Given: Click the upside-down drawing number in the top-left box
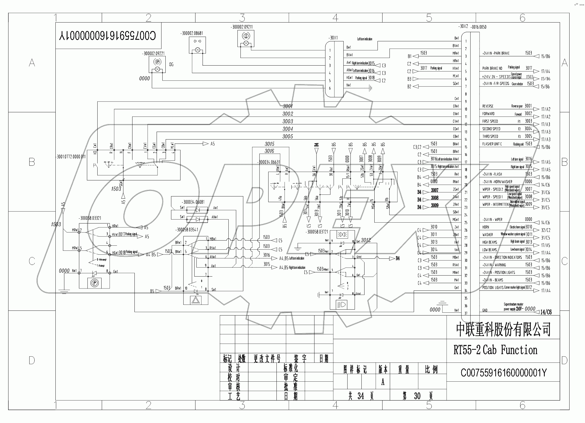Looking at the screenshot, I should [108, 36].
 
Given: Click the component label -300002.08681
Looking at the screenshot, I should [192, 33].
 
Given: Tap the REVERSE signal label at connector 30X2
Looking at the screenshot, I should [488, 106].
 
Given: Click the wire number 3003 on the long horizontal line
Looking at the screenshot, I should [288, 121].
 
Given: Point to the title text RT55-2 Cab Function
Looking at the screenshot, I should [495, 350].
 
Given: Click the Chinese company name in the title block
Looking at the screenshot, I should [503, 329].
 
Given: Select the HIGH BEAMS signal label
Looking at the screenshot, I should [490, 242].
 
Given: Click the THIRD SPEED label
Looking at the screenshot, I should [490, 136].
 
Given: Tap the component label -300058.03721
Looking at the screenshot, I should [317, 232].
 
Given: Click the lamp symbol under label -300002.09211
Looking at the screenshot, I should [246, 43].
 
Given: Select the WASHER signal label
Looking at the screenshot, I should [488, 235].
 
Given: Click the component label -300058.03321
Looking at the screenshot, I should [90, 218].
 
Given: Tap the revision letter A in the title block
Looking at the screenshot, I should [383, 382].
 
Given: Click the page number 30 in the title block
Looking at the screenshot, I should [417, 396].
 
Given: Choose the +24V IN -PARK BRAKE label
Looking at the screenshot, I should [496, 53].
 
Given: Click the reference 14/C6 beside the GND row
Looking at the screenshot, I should [546, 312].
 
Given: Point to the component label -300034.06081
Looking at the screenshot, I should [193, 202].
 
